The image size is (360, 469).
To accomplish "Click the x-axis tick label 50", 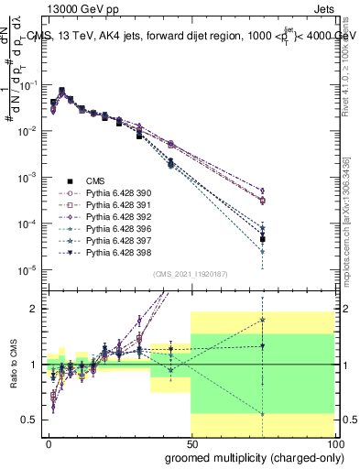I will (x=191, y=442).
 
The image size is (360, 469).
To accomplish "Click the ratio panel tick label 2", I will (x=37, y=309).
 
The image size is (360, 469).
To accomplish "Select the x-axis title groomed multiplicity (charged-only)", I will (x=249, y=457).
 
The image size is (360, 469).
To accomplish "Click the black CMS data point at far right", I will (x=262, y=239).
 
